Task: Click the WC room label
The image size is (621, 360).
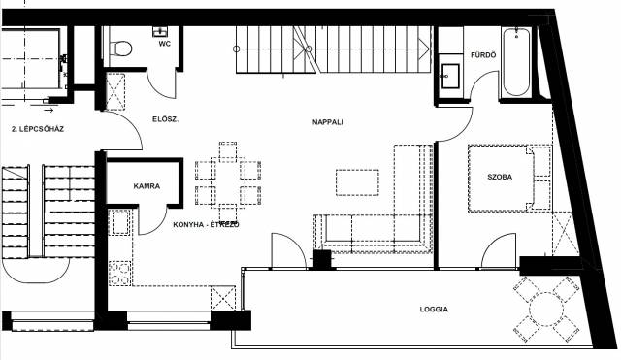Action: coord(165,44)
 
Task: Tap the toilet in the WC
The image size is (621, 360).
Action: coord(119,49)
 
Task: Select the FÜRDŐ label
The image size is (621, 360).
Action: coord(483,55)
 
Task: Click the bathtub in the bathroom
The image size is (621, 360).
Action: coord(516,61)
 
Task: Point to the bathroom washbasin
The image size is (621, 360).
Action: coord(450,76)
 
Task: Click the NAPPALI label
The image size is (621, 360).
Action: coord(328,122)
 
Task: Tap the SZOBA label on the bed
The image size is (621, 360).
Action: coord(500,177)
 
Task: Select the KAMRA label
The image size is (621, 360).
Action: coord(147,186)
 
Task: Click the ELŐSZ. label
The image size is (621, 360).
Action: coord(166,119)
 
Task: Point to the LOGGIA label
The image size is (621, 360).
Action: coord(434,309)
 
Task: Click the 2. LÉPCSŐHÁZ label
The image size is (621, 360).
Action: coord(38,129)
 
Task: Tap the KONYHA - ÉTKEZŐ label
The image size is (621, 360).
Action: coord(206,224)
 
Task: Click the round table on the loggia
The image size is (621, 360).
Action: coord(546,310)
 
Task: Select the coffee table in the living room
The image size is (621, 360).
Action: coord(357,182)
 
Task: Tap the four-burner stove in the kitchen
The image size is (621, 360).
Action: coord(119,274)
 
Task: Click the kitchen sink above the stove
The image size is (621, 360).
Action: coord(120,223)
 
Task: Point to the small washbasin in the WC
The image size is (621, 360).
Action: coord(160,31)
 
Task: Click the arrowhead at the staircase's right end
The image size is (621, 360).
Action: coord(426,49)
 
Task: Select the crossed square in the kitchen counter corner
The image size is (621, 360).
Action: coord(222,298)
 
